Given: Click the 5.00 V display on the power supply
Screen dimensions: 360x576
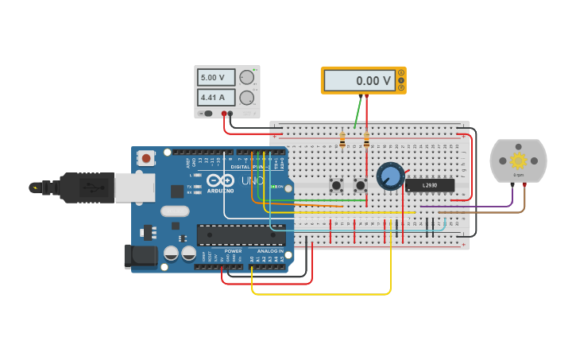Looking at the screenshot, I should [217, 78].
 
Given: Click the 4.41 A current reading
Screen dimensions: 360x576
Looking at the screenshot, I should [217, 98].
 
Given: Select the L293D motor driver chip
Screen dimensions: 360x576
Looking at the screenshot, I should [430, 185].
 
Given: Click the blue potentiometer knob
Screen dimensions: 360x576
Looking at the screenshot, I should [390, 176].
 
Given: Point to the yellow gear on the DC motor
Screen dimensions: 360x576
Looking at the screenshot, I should [518, 160].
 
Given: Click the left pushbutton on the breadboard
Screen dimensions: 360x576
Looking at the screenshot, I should [336, 185].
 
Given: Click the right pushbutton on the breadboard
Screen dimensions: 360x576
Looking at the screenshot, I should [360, 185].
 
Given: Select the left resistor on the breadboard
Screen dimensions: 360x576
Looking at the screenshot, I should [342, 141].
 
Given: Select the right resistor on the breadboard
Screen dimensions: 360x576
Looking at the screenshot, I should [366, 141].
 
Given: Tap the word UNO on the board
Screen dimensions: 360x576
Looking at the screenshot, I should [253, 181].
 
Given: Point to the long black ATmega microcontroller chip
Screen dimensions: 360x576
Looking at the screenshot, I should [241, 234].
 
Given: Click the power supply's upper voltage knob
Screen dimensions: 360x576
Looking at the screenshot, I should [247, 78].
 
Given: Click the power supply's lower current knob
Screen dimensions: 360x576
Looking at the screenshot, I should [247, 98].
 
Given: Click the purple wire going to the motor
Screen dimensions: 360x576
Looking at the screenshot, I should [469, 207].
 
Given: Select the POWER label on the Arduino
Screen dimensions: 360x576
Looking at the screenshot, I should [233, 251].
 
